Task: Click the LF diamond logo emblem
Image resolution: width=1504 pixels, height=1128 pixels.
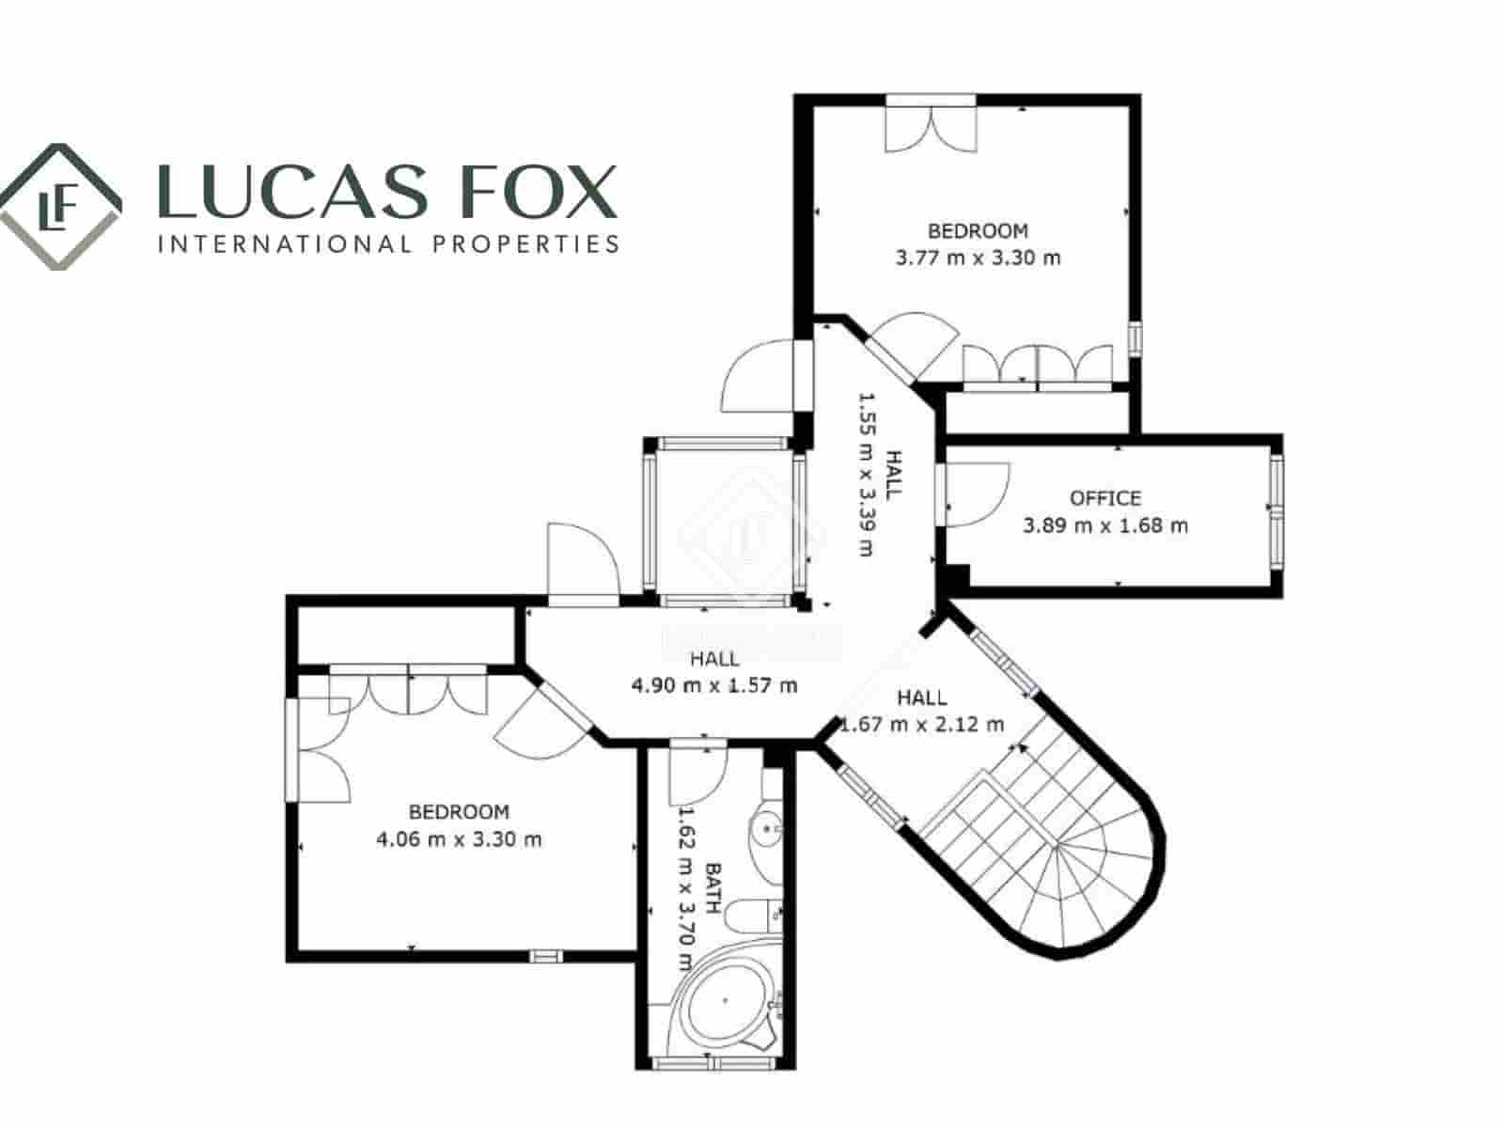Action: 59,207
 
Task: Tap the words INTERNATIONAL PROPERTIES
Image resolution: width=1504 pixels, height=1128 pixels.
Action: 388,244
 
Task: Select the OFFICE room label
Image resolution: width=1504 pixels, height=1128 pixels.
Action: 1105,498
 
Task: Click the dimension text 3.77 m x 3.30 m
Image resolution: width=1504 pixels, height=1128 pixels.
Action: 978,258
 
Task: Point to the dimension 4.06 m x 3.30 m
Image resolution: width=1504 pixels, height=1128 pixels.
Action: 459,839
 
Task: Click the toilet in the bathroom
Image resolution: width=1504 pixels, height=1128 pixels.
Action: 758,916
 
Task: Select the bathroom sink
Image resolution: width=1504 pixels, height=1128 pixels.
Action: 767,829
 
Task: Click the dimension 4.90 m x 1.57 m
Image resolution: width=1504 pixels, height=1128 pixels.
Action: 714,685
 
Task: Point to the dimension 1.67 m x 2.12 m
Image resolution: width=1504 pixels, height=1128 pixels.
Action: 921,725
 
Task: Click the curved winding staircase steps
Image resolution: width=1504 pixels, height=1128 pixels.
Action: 1062,846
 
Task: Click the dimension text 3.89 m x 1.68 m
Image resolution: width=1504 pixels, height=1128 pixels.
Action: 1105,525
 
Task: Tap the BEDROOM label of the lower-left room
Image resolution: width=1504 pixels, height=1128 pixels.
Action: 459,811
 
